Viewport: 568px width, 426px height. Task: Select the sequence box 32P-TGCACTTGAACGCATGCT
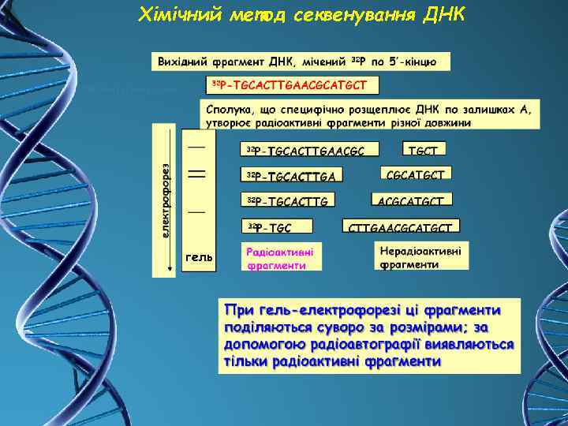pyautogui.click(x=292, y=83)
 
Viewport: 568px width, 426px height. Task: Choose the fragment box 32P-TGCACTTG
pyautogui.click(x=291, y=200)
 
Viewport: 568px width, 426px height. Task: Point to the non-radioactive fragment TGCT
pyautogui.click(x=424, y=148)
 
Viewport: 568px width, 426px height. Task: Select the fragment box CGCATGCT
pyautogui.click(x=416, y=174)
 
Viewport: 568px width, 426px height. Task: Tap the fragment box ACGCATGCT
pyautogui.click(x=415, y=200)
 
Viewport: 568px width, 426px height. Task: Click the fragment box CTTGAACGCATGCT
pyautogui.click(x=401, y=227)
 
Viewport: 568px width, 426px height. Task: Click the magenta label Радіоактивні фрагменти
pyautogui.click(x=280, y=259)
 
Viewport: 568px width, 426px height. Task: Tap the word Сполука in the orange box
pyautogui.click(x=230, y=107)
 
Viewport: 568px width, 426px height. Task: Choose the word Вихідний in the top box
pyautogui.click(x=183, y=61)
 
